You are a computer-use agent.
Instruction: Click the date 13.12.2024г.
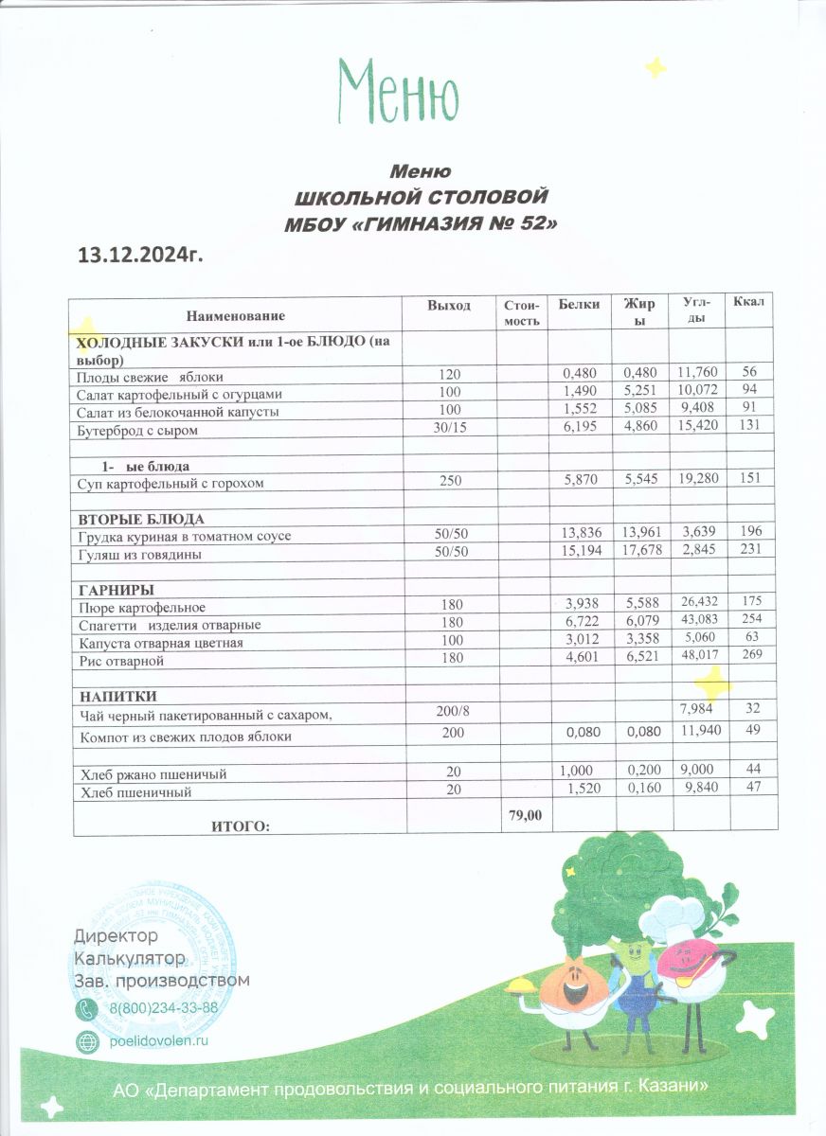[141, 255]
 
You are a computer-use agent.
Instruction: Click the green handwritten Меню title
[399, 93]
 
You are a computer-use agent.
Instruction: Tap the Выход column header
[448, 305]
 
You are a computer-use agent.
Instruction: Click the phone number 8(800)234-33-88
[164, 1008]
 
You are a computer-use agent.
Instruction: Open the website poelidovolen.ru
[158, 1039]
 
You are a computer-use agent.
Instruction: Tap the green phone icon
[86, 1009]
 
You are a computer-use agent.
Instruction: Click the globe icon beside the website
[86, 1040]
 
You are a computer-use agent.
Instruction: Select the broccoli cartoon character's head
[603, 876]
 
